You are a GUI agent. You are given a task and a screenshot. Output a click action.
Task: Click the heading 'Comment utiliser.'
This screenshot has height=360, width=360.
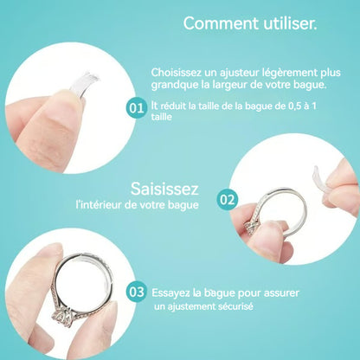coord(250,24)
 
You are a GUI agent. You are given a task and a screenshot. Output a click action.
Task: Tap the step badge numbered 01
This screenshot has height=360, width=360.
coord(136,109)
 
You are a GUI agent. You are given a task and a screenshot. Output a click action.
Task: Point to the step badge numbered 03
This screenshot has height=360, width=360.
coord(136,292)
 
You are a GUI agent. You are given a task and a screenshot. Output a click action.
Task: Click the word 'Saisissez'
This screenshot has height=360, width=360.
coord(164,187)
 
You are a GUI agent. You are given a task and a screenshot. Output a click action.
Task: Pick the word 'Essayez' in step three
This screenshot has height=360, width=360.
coord(172,292)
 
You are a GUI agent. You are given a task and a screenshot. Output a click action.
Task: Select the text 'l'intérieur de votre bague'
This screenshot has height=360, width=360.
coord(138,204)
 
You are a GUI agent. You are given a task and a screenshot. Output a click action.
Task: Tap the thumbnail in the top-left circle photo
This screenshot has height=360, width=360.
coord(52,121)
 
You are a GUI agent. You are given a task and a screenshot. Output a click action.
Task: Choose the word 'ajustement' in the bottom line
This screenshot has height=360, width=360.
coord(201,307)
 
